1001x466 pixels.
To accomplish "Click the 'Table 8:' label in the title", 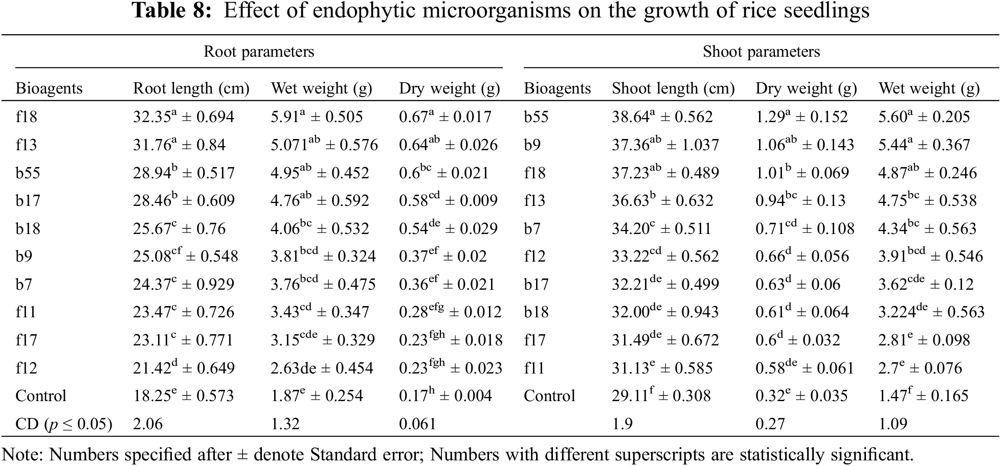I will (x=172, y=11).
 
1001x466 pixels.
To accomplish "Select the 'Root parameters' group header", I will (x=259, y=52).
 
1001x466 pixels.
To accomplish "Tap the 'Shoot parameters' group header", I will (x=761, y=52).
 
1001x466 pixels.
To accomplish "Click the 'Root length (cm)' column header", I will (x=191, y=88).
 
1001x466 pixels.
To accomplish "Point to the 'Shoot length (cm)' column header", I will (x=673, y=88).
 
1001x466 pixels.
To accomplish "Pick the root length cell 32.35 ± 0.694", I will (x=184, y=117).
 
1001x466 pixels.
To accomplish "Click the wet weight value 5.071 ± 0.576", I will (x=324, y=145).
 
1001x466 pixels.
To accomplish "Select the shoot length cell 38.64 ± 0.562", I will (x=662, y=117).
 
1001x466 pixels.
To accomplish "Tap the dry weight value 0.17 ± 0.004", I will (x=445, y=396).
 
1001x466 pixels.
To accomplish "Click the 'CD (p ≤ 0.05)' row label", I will (x=63, y=424).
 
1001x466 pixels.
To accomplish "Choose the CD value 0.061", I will (x=417, y=424).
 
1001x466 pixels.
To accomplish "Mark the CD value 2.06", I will (x=148, y=424).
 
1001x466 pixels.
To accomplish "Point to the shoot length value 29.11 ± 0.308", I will (x=661, y=396).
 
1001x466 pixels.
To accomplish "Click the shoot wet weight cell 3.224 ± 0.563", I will (x=931, y=312).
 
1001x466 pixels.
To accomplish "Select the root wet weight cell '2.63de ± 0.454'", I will (x=322, y=368).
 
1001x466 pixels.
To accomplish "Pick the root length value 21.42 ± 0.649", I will (x=184, y=368).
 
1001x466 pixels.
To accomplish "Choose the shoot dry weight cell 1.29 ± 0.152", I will (x=802, y=117).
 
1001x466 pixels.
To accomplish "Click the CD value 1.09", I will (x=893, y=424).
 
